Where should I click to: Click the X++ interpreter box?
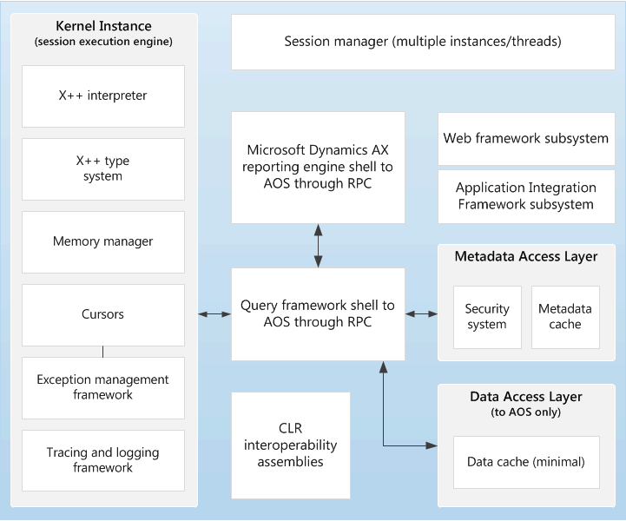click(x=102, y=96)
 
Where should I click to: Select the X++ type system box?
click(x=102, y=168)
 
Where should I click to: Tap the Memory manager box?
click(x=102, y=241)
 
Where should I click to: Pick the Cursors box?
click(x=102, y=314)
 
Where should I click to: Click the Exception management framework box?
click(x=102, y=387)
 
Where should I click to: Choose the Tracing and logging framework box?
click(x=102, y=460)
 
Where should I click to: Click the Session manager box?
click(x=423, y=42)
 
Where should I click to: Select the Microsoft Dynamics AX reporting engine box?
click(x=318, y=167)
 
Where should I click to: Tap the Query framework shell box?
click(x=318, y=313)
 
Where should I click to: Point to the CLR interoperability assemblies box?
click(x=290, y=445)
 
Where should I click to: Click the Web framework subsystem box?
click(x=526, y=138)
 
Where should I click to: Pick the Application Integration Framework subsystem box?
click(x=526, y=196)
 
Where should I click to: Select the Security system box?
click(x=487, y=317)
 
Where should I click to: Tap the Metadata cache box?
click(x=565, y=317)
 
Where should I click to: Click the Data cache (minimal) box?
click(x=526, y=462)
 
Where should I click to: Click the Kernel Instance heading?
click(x=102, y=27)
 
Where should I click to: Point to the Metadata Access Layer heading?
click(x=526, y=256)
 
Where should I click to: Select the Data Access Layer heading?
click(x=526, y=397)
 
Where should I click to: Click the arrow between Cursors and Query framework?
click(x=214, y=313)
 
